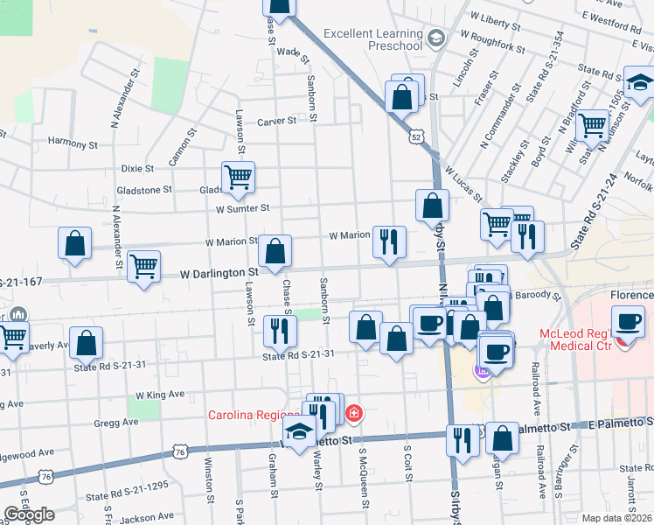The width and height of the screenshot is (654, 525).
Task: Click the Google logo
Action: pos(29,514)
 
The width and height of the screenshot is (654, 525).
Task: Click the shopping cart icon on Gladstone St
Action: pos(238,178)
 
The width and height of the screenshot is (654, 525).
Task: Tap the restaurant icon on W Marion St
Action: pos(389,241)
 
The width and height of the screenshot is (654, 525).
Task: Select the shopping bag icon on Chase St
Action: pos(275,251)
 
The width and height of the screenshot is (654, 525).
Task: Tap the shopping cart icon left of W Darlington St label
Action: pos(143,266)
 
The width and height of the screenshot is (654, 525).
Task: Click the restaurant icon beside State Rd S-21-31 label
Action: pos(280,331)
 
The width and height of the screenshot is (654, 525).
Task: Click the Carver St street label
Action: pos(278,122)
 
